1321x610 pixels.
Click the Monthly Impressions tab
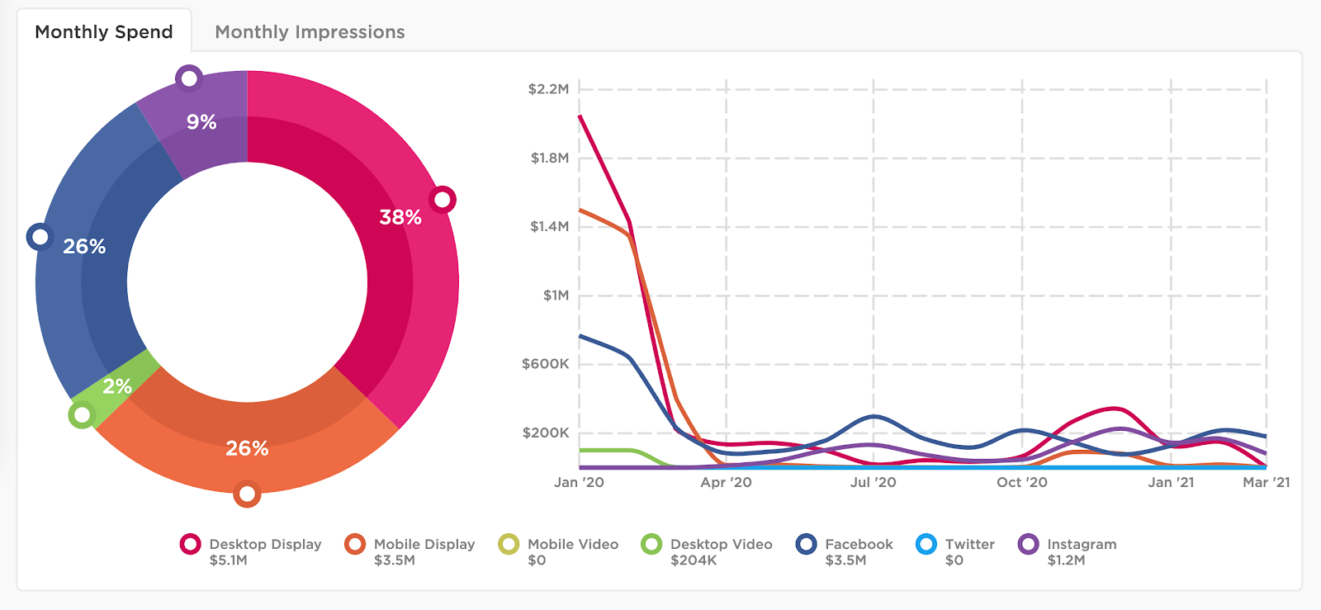(x=310, y=32)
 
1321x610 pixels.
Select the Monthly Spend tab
(x=104, y=32)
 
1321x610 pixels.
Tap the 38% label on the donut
(x=400, y=217)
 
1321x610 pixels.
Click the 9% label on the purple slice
(x=201, y=122)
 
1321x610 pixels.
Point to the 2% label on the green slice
(x=117, y=385)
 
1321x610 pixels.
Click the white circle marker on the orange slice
(x=247, y=494)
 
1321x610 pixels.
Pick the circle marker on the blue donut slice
(x=40, y=237)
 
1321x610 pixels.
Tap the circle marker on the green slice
(x=82, y=414)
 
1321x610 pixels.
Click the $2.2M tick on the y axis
(x=548, y=89)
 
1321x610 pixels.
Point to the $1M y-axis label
(x=556, y=296)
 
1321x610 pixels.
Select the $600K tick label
(x=545, y=364)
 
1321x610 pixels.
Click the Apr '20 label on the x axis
(x=726, y=482)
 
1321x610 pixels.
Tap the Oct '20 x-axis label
(x=1021, y=482)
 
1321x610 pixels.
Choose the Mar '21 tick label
(x=1266, y=482)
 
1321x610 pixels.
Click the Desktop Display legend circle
(x=191, y=544)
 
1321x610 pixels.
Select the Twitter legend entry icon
(x=926, y=544)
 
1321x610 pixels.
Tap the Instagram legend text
(x=1082, y=544)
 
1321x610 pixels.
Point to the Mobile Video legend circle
(x=509, y=544)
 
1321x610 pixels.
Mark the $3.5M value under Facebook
(x=845, y=560)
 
